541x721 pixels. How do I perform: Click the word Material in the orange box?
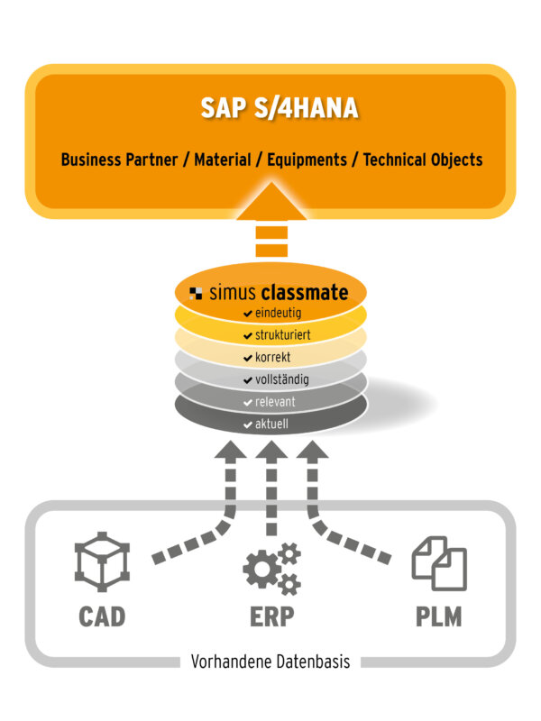(x=223, y=160)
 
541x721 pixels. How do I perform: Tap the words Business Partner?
(x=116, y=160)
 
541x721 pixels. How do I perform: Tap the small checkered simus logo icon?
(x=196, y=293)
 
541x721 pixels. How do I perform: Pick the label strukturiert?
(x=282, y=335)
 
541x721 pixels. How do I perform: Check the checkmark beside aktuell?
(x=248, y=424)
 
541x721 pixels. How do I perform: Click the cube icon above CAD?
(x=102, y=563)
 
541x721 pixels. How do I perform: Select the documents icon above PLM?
(x=439, y=563)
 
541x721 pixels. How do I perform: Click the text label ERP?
(x=270, y=617)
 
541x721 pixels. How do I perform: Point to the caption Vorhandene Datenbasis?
(x=270, y=662)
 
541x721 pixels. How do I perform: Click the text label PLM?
(x=438, y=617)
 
